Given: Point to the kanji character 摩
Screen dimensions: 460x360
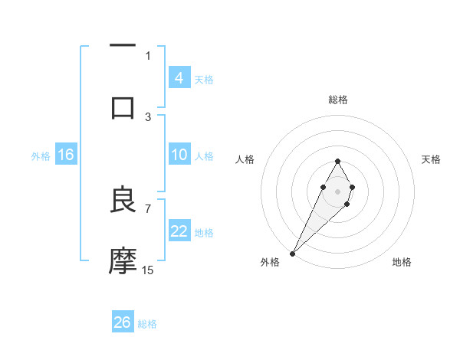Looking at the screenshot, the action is (x=123, y=261).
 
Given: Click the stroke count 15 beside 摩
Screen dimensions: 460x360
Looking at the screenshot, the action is (x=148, y=270).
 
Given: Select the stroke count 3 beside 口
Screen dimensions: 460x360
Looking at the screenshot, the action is (x=148, y=116).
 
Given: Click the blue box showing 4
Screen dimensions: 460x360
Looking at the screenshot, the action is (x=179, y=78).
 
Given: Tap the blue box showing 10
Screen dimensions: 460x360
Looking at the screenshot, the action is (x=179, y=155).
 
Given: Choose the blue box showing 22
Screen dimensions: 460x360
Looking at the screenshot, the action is (x=179, y=232).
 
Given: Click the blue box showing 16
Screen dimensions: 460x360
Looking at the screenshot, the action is (x=66, y=155).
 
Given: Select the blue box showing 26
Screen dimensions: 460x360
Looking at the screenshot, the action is (x=122, y=322).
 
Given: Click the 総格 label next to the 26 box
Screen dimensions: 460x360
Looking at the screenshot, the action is (x=147, y=324).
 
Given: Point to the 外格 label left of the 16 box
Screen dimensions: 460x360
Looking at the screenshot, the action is (x=41, y=156).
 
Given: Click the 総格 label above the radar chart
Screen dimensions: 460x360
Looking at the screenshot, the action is (x=337, y=100).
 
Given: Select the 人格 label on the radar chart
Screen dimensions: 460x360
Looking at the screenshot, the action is (x=245, y=159).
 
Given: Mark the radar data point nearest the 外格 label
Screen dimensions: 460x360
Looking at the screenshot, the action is (x=293, y=253).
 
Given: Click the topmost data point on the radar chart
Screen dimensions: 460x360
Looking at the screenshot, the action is (x=337, y=161).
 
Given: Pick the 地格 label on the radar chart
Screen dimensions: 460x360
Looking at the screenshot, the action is (x=402, y=262).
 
